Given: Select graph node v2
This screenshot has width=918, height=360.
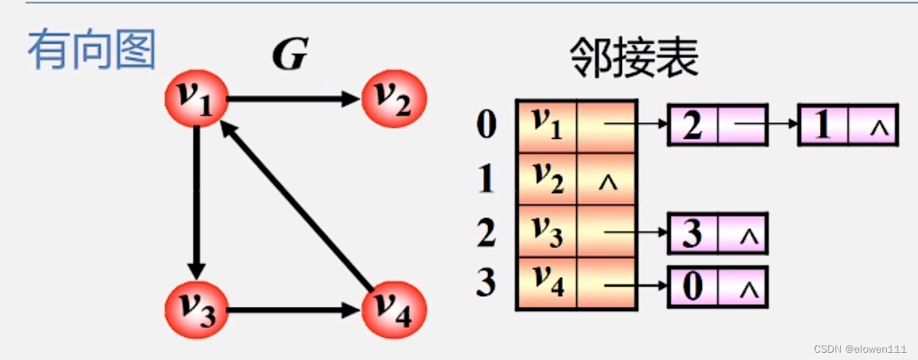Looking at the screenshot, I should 394,100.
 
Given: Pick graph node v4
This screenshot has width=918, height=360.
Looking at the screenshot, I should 394,309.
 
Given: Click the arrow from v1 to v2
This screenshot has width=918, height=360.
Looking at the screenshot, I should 295,100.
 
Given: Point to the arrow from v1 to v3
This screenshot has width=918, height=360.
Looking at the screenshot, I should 196,204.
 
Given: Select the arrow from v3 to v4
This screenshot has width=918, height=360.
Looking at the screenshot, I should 295,310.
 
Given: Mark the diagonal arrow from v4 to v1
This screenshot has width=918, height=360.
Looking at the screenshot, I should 295,204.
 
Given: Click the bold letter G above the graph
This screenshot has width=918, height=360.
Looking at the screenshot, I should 290,55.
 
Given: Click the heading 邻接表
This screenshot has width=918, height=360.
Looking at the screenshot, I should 634,57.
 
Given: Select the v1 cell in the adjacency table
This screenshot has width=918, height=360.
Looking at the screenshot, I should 546,126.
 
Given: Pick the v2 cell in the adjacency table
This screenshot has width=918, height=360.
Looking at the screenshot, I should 546,179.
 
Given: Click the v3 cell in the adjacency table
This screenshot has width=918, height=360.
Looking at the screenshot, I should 546,231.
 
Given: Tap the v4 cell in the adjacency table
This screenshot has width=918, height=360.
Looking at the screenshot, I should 546,284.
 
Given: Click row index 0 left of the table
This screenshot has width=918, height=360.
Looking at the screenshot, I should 487,125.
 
